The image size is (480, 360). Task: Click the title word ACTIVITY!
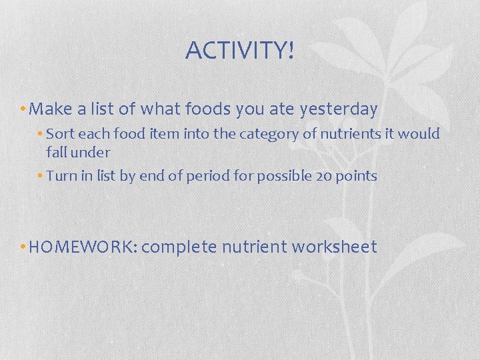pyautogui.click(x=239, y=51)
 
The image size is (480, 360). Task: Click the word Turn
pyautogui.click(x=60, y=176)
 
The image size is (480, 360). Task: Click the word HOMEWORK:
pyautogui.click(x=83, y=247)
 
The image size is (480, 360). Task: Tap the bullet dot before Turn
pyautogui.click(x=41, y=176)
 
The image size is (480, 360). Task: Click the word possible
pyautogui.click(x=279, y=177)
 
